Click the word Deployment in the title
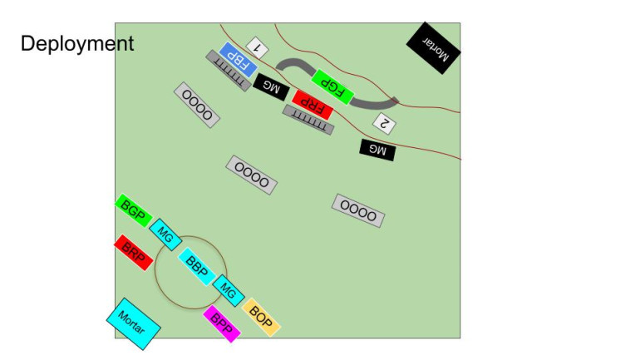point(77,44)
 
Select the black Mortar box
point(434,48)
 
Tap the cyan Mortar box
point(134,323)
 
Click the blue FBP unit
point(239,60)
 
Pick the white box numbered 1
point(257,48)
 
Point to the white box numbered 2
point(384,123)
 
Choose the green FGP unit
point(332,87)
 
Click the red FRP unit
point(313,105)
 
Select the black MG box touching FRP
point(271,87)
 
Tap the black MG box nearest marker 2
point(377,150)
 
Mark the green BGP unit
point(134,210)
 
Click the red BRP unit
point(134,252)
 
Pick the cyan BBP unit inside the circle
point(197,267)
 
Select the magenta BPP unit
point(222,323)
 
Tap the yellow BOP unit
point(261,317)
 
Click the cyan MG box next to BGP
point(165,234)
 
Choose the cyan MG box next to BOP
point(229,291)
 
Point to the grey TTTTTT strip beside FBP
point(229,71)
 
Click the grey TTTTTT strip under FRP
point(308,120)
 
